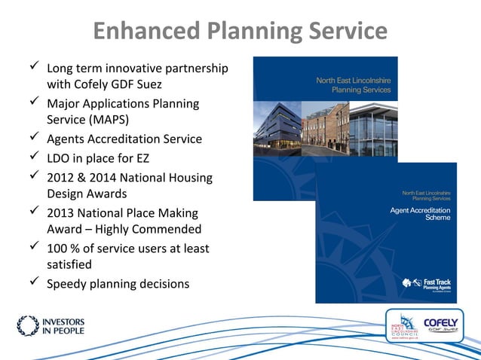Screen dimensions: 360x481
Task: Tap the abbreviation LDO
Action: [x=60, y=157]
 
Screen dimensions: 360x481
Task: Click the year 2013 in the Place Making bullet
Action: [x=63, y=212]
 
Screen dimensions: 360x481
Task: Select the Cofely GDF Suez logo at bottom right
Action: [x=445, y=326]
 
